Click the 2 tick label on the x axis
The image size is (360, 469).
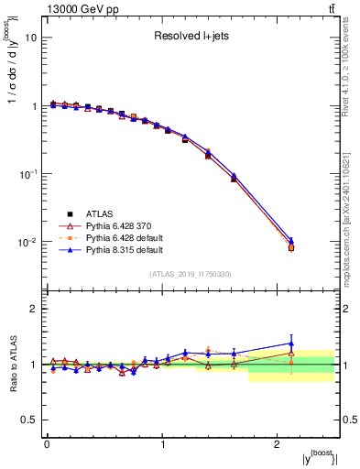click(x=278, y=443)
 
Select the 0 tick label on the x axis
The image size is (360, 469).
click(x=47, y=443)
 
